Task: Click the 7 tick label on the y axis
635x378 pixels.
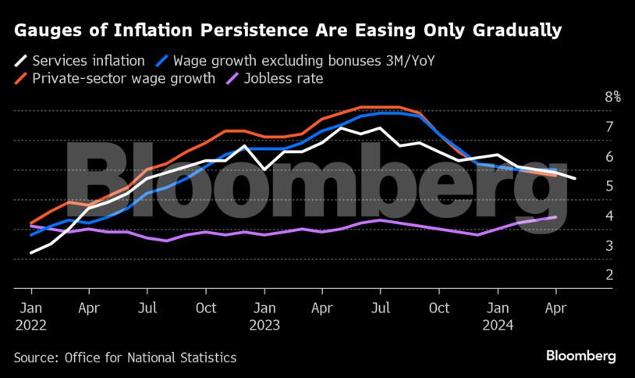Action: pyautogui.click(x=608, y=127)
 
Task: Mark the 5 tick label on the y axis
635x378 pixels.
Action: pyautogui.click(x=608, y=186)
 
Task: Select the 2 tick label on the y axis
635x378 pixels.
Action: pyautogui.click(x=608, y=274)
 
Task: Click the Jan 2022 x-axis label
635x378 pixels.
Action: pyautogui.click(x=30, y=316)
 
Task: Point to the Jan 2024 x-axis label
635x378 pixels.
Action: pyautogui.click(x=498, y=316)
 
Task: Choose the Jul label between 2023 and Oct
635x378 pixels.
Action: pyautogui.click(x=381, y=308)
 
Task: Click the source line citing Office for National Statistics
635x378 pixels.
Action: pyautogui.click(x=125, y=358)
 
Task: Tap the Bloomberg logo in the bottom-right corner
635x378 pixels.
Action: pyautogui.click(x=580, y=356)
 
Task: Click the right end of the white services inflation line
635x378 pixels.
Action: pyautogui.click(x=575, y=179)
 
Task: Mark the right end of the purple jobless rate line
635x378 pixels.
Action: pyautogui.click(x=555, y=217)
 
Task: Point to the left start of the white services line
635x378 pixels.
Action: pyautogui.click(x=31, y=252)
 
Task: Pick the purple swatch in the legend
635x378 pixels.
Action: pyautogui.click(x=232, y=78)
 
